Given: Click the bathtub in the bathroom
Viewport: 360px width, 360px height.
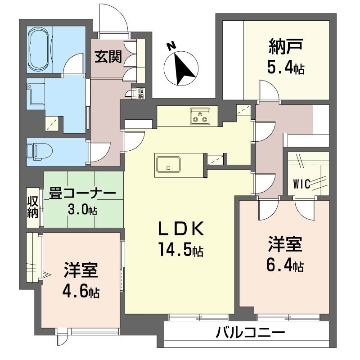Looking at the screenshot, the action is (x=39, y=49).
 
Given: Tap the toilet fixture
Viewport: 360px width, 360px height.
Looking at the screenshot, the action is (x=40, y=152).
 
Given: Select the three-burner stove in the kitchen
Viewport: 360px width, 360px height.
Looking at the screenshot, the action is (x=200, y=116).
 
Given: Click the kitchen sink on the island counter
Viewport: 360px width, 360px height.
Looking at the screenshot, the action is (x=168, y=164).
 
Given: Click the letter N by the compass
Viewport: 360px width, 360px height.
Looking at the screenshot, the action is (x=171, y=47).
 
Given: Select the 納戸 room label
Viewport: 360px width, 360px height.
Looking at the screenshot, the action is (x=286, y=47).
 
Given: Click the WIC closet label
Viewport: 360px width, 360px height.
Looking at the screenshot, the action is (x=301, y=184).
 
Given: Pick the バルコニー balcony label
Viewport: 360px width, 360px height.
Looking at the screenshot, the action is (x=251, y=333).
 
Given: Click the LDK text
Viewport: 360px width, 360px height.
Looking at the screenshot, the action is (x=181, y=229).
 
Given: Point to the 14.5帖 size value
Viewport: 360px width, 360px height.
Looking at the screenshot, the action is (x=181, y=250).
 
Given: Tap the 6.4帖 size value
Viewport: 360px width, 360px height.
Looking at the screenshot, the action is (x=285, y=265).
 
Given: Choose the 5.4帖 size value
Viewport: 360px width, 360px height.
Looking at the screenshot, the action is (x=286, y=68).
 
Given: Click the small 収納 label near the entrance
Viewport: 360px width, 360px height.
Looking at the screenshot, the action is (x=141, y=94).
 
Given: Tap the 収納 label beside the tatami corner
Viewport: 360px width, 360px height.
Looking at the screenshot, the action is (x=32, y=208).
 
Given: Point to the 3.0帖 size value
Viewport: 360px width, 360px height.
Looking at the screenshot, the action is (x=82, y=209).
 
